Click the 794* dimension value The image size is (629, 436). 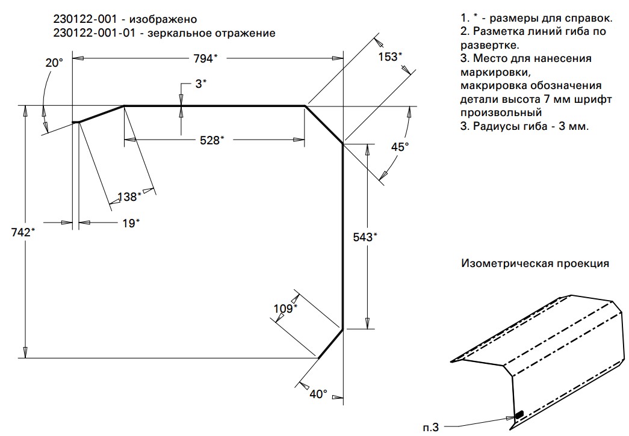tap(205, 58)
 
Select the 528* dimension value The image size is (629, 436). tap(212, 140)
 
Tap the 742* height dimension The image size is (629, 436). tap(23, 232)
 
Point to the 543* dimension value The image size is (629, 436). tap(365, 237)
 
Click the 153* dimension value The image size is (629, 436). tap(390, 57)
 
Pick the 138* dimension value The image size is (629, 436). tap(129, 197)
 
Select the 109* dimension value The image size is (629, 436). tap(285, 309)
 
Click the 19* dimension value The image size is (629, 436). tap(131, 223)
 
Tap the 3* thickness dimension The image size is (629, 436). tap(201, 84)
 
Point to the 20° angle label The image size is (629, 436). tap(54, 63)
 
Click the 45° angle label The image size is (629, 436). tap(400, 147)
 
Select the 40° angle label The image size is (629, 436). tap(318, 395)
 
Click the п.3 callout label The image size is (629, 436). tap(431, 428)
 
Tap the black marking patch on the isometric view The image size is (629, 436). tap(519, 414)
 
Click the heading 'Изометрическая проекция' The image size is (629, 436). tap(535, 263)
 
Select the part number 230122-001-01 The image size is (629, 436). tap(95, 33)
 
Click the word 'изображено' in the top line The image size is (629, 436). tap(163, 19)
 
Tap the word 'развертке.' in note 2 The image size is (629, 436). tap(490, 45)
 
